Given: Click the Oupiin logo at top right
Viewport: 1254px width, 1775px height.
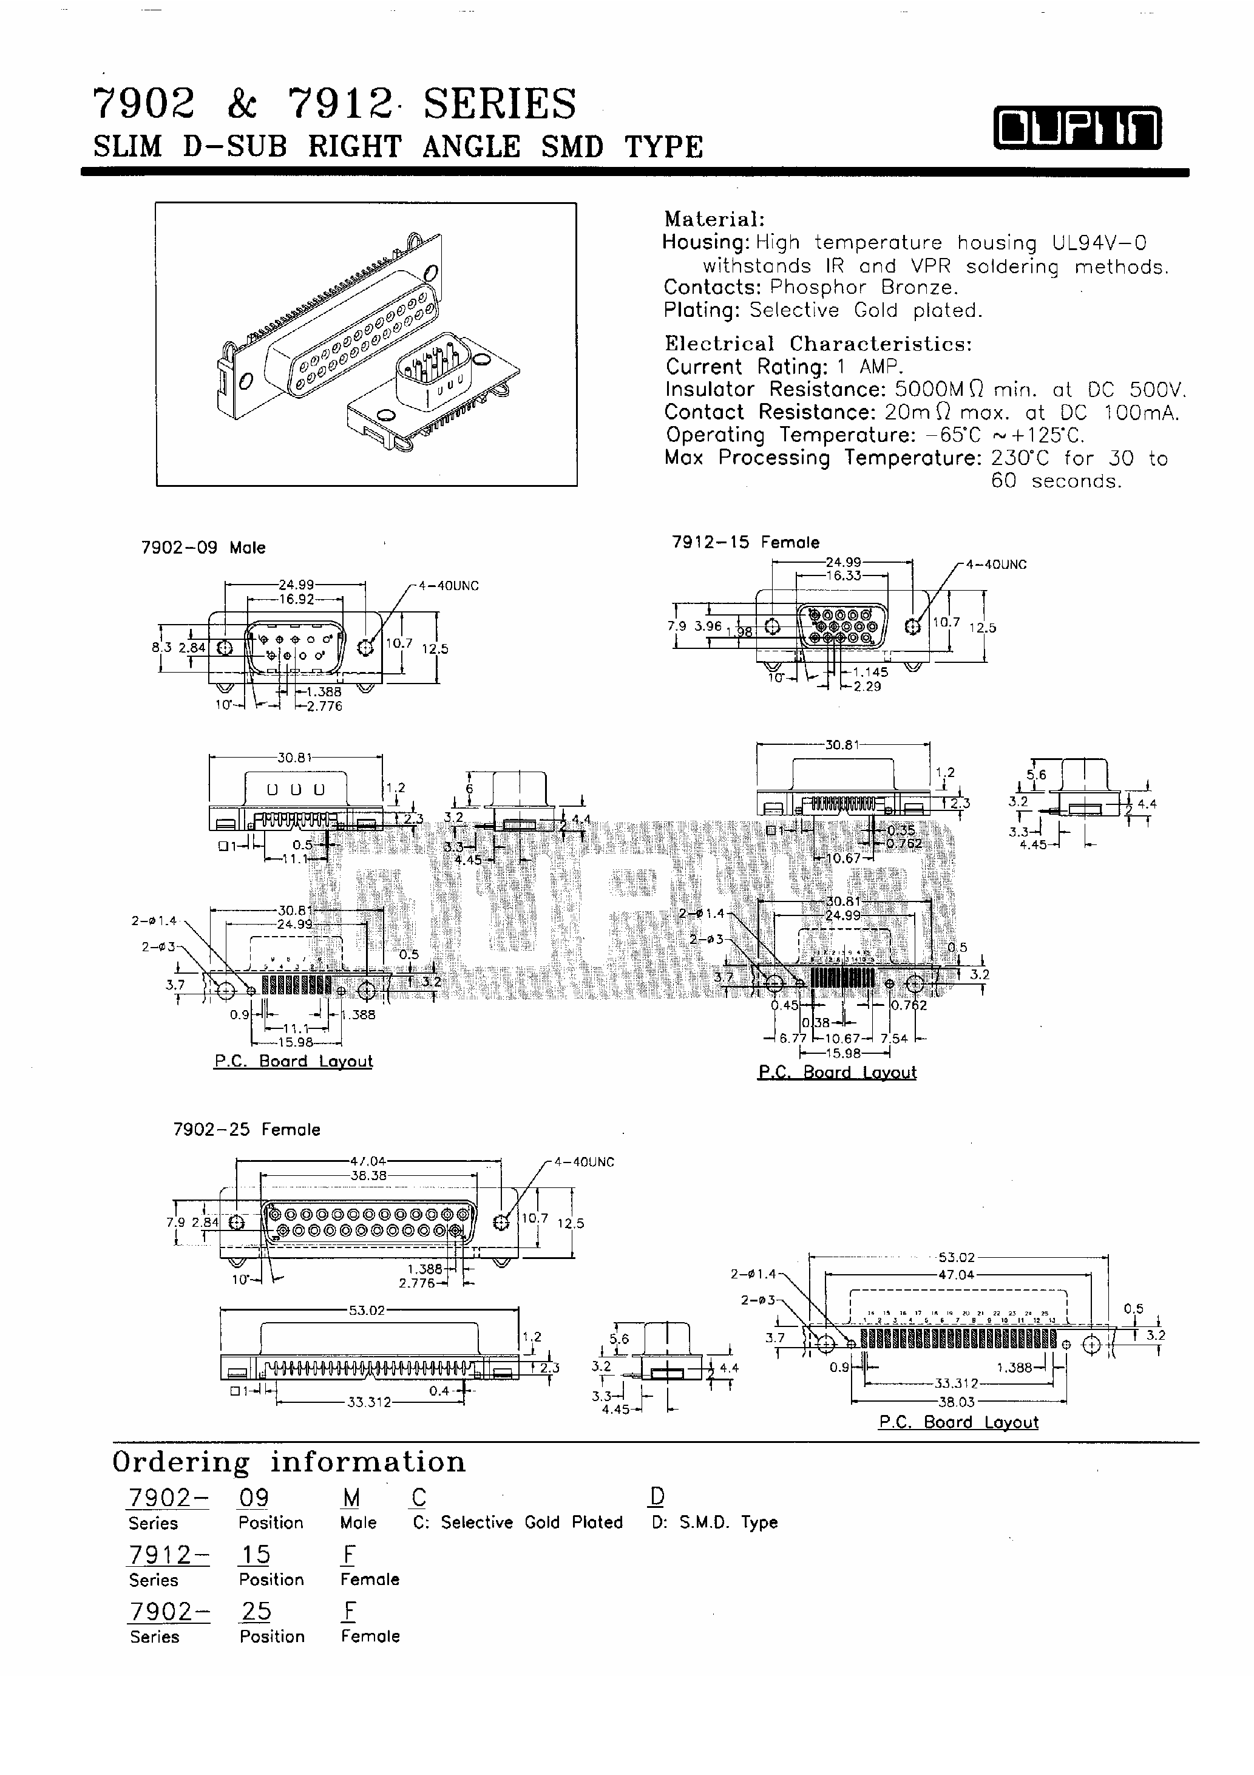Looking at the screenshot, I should (x=1077, y=127).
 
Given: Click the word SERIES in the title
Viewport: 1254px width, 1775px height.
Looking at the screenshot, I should (x=500, y=104).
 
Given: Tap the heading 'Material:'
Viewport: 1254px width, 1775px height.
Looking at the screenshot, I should (x=714, y=220).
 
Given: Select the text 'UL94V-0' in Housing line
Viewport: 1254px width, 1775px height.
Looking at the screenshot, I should (x=1099, y=243).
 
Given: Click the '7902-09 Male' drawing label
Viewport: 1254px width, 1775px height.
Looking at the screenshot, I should (x=203, y=548).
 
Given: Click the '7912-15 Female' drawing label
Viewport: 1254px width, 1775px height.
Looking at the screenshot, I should (x=745, y=543).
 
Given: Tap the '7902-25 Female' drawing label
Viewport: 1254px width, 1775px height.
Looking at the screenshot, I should (x=246, y=1130).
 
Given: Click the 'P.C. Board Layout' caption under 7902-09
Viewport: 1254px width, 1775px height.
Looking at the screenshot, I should (x=293, y=1062).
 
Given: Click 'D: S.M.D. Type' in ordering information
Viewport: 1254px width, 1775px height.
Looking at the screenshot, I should (x=714, y=1522).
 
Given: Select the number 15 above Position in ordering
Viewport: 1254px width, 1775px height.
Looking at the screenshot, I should (x=255, y=1554).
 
